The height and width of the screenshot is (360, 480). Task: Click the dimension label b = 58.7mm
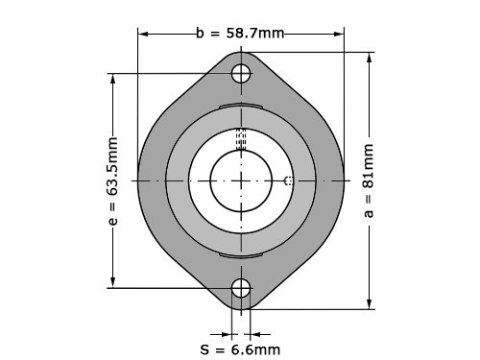(240, 34)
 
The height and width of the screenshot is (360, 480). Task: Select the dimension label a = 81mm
(369, 180)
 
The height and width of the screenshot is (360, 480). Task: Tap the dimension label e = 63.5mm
(112, 180)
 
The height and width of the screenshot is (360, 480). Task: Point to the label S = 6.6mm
(240, 349)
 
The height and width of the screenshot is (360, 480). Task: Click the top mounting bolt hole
(241, 73)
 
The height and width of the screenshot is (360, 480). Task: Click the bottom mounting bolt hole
(241, 288)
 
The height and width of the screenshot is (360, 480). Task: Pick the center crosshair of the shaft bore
(241, 181)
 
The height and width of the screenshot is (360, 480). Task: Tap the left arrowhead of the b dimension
(143, 34)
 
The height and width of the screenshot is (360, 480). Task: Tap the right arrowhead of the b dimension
(339, 34)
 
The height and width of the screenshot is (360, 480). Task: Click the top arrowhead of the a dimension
(370, 58)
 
